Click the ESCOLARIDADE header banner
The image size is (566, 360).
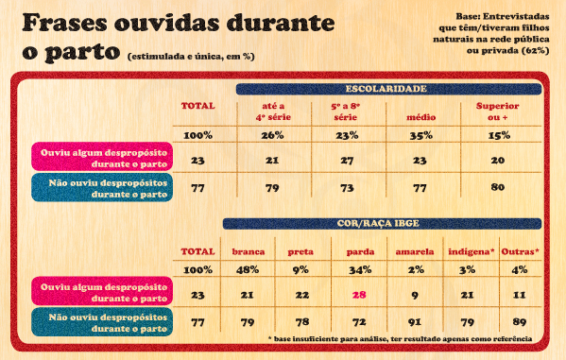[x=386, y=88]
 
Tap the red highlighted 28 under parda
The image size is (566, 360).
[x=358, y=295]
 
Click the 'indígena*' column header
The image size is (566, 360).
[x=471, y=252]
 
